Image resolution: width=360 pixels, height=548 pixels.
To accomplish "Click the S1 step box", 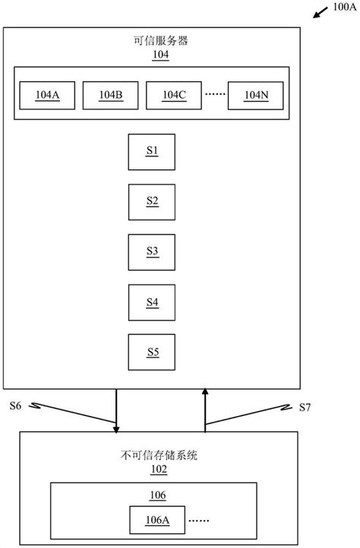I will click(x=152, y=151).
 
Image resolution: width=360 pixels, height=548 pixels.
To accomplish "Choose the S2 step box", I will click(x=152, y=201).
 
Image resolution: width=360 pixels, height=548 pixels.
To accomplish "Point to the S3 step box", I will click(x=152, y=251).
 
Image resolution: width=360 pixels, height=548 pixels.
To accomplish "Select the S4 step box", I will click(x=152, y=302).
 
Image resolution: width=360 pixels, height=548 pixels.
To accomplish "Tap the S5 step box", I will click(x=152, y=352).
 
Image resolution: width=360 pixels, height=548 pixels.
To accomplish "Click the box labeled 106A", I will click(x=158, y=521).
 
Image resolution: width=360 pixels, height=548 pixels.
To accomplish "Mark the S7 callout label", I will click(x=304, y=407).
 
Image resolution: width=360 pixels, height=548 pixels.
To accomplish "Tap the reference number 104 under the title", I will click(x=160, y=55).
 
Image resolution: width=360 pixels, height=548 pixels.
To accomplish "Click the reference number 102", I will click(x=159, y=470).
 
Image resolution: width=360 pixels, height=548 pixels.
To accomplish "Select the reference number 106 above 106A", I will click(x=159, y=496).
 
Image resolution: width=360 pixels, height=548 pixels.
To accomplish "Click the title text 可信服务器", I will click(x=160, y=42).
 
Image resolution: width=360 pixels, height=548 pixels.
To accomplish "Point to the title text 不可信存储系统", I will click(x=159, y=456).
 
